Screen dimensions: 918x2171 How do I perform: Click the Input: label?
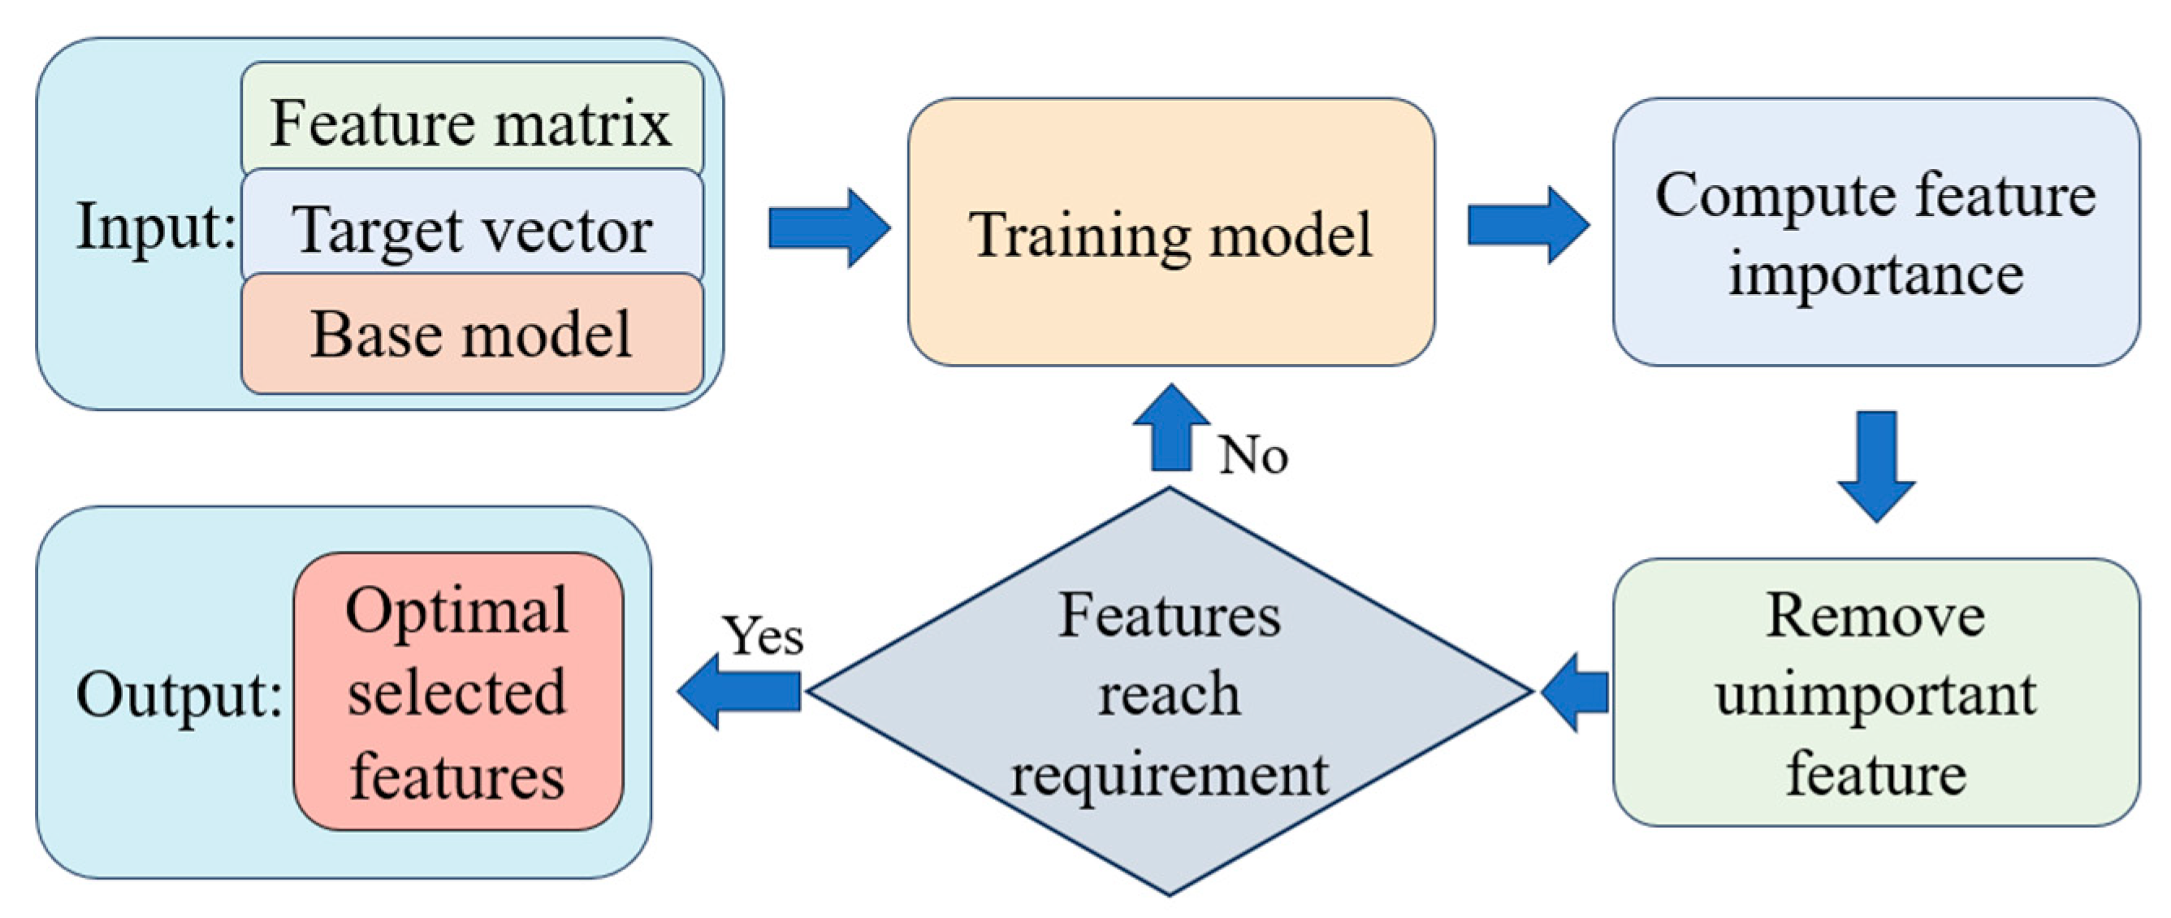(156, 226)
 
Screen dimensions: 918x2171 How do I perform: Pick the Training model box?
(1170, 232)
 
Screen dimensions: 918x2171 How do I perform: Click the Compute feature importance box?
(1876, 232)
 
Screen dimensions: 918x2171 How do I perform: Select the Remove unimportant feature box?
(1876, 693)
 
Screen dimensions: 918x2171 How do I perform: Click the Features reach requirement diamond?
(1169, 693)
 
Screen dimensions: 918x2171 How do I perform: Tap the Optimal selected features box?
(457, 691)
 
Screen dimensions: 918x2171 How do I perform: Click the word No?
(1253, 456)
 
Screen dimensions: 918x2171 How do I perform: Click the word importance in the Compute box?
(1876, 275)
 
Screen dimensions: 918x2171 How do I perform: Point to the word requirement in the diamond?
(1169, 774)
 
